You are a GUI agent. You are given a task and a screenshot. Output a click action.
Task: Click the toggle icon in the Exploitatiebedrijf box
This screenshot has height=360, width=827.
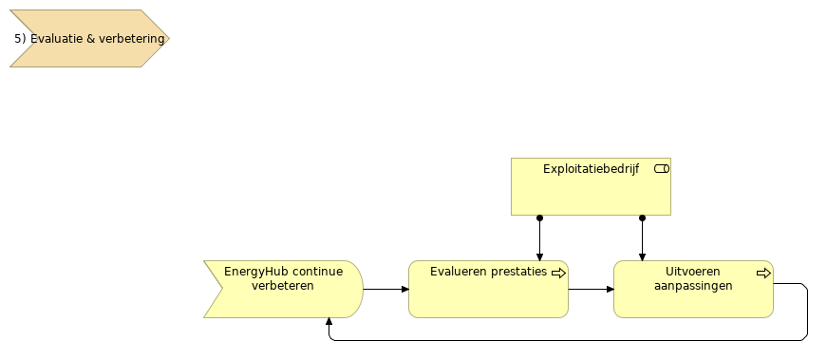(x=662, y=168)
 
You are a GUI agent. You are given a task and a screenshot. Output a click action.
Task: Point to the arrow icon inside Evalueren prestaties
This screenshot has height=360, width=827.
(x=558, y=273)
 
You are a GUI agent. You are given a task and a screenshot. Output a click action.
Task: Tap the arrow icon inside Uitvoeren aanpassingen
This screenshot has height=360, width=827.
(x=763, y=273)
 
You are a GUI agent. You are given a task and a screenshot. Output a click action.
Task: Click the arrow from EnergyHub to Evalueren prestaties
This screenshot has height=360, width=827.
(x=385, y=289)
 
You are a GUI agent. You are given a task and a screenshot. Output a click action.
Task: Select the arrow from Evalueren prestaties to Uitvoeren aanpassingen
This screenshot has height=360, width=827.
(x=591, y=289)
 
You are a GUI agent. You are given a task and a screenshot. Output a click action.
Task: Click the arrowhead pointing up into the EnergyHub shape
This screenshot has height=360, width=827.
(x=329, y=322)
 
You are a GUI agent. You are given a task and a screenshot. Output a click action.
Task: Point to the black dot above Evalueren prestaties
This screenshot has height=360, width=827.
(x=539, y=218)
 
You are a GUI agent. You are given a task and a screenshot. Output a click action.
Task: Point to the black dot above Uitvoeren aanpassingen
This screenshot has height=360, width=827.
(x=642, y=218)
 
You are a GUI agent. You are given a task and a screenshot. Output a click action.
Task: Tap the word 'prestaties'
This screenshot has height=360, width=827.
(x=519, y=272)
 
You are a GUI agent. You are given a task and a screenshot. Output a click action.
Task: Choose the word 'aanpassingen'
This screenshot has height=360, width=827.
(x=693, y=286)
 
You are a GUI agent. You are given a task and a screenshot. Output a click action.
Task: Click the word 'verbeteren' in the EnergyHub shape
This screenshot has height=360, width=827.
(x=283, y=286)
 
